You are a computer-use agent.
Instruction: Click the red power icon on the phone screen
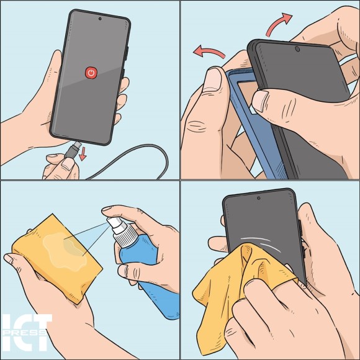click(x=91, y=73)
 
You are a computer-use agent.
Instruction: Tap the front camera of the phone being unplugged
click(x=100, y=19)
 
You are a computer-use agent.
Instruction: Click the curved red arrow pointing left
click(x=209, y=52)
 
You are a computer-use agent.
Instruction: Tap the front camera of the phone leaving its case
click(x=297, y=49)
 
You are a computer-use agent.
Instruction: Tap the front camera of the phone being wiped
click(x=259, y=198)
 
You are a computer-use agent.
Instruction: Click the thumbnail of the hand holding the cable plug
click(x=68, y=164)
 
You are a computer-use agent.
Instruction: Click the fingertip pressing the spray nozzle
click(x=108, y=209)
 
